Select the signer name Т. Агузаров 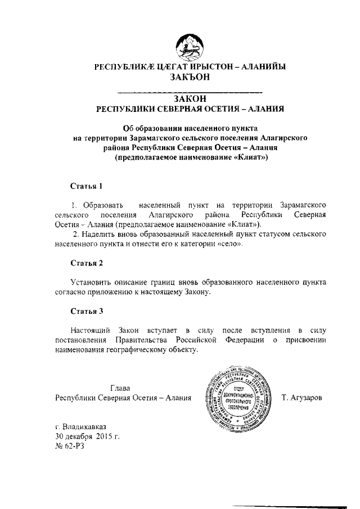[301, 398]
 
